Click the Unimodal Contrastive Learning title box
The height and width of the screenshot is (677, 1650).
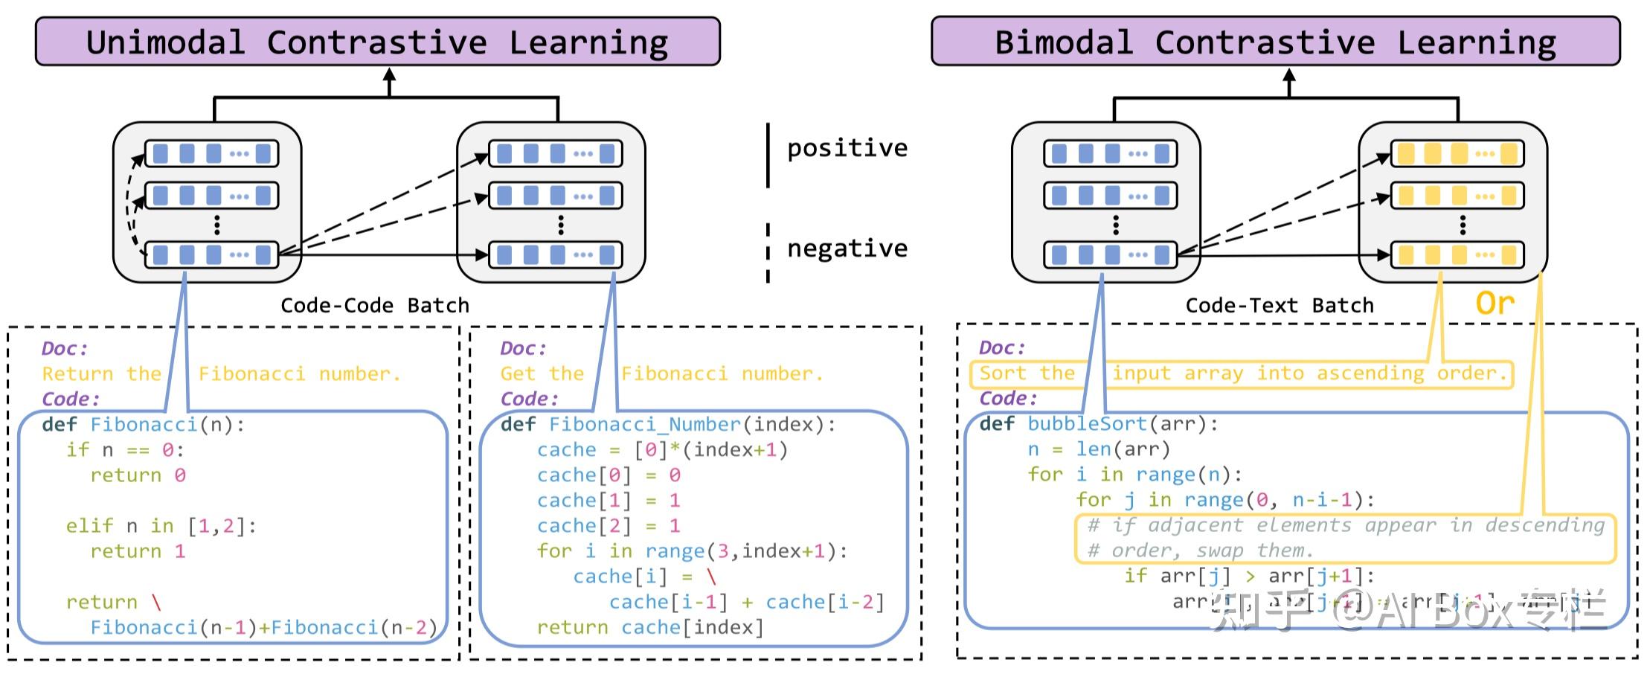click(377, 42)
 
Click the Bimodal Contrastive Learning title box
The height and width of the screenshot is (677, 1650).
click(1275, 42)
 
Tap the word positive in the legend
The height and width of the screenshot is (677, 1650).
click(847, 147)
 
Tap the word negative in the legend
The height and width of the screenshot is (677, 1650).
click(847, 248)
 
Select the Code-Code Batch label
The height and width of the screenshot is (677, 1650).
click(375, 306)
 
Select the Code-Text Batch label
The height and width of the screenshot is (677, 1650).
click(1279, 306)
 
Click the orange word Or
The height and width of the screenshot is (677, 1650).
click(1495, 303)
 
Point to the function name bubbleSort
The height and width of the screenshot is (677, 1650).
click(1087, 424)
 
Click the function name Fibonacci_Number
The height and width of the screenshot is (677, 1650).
click(644, 425)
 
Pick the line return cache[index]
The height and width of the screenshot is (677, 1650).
click(650, 628)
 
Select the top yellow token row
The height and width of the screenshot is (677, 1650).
click(1457, 154)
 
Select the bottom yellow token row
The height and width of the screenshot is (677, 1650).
click(1457, 255)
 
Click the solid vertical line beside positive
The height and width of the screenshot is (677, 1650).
click(768, 155)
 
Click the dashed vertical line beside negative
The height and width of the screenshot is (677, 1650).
click(768, 253)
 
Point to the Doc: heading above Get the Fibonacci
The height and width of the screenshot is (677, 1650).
click(523, 348)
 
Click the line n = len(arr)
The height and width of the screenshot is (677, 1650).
click(1099, 449)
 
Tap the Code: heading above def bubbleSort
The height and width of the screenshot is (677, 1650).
click(1007, 398)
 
